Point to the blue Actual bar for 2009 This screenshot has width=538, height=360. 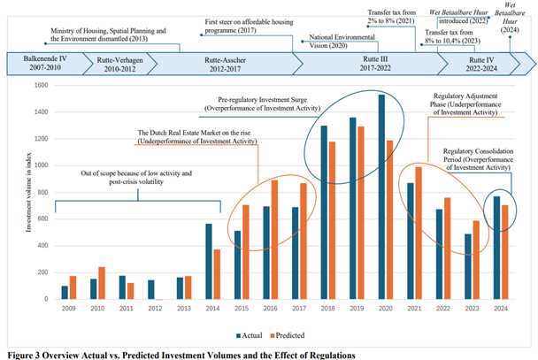[x=65, y=291]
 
